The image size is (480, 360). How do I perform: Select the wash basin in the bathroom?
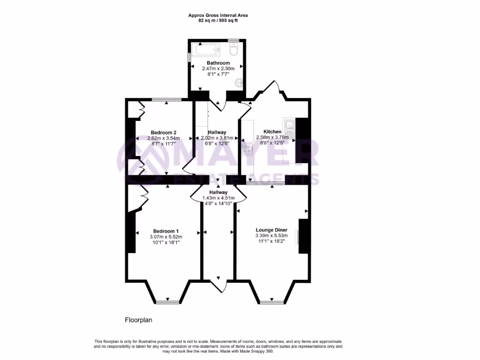pos(239,82)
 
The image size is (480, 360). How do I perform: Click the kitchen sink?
pos(290,125)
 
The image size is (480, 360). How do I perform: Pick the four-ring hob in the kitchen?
pos(247,150)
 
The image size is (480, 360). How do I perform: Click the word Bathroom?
pos(218,63)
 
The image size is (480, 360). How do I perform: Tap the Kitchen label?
pos(272,132)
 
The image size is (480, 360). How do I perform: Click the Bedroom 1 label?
pos(166,231)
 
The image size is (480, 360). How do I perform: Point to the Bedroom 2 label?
pos(164,132)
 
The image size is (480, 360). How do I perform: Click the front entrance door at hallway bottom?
pos(218,284)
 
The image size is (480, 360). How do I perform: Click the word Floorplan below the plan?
pos(139,320)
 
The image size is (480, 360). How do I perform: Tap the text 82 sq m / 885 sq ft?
pos(218,21)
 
